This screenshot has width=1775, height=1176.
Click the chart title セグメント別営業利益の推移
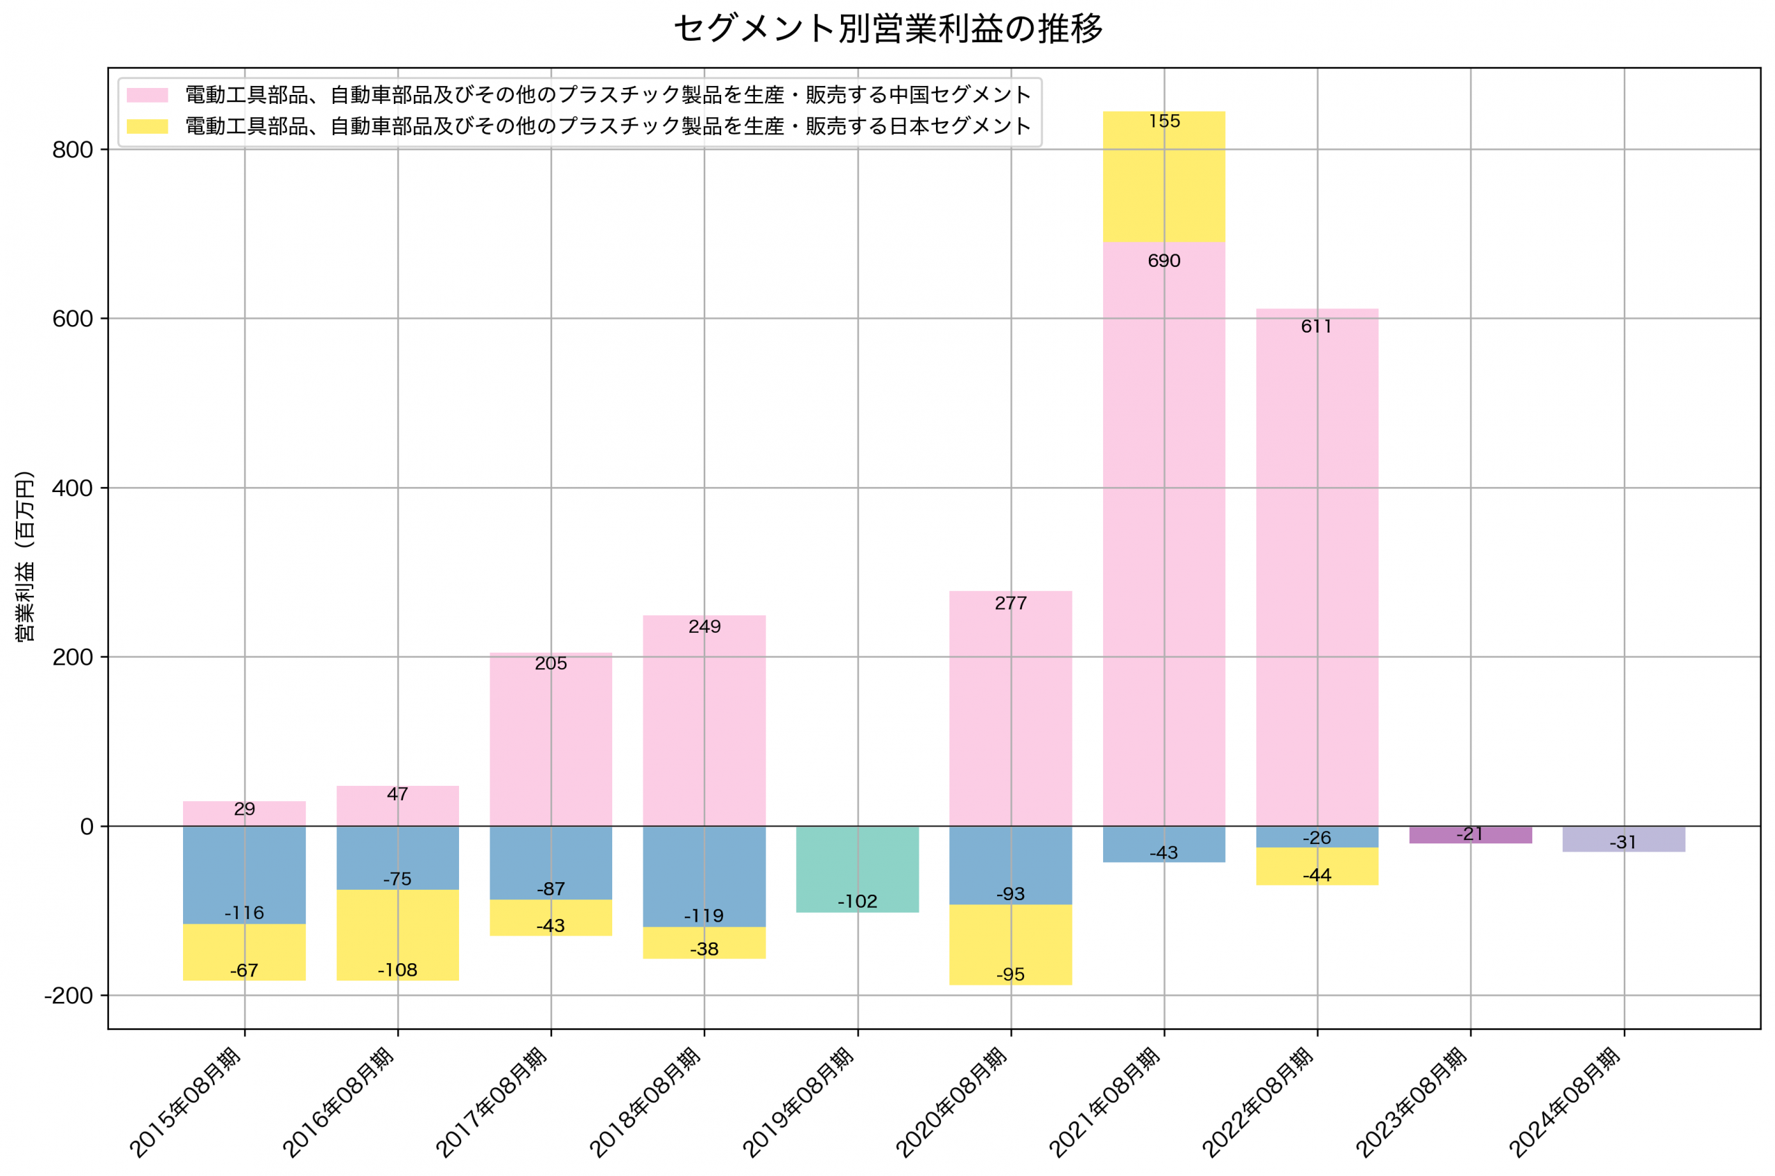pos(887,29)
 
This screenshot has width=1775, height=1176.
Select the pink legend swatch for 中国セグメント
pos(147,95)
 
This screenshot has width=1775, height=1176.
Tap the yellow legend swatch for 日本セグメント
pos(147,126)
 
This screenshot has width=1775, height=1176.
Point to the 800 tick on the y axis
pos(72,150)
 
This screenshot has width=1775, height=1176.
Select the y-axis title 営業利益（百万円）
pos(25,556)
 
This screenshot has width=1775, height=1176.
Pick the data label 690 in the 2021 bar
pos(1163,261)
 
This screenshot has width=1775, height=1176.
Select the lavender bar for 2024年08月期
pos(1623,839)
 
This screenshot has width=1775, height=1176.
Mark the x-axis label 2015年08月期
pos(186,1103)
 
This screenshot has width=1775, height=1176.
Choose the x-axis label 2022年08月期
pos(1258,1103)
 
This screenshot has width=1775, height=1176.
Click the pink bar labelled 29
pos(244,814)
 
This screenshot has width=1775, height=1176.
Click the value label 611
pos(1317,327)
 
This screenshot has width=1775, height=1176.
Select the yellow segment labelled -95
pos(1010,945)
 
